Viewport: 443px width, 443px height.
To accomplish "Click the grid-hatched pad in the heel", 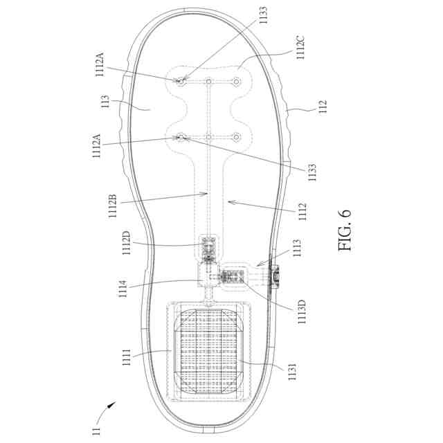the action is [208, 352].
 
